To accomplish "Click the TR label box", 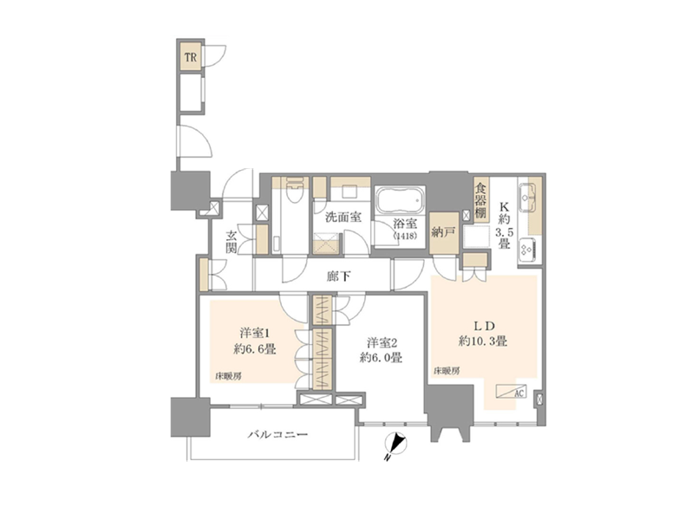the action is [191, 57].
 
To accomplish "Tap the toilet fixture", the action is [293, 190].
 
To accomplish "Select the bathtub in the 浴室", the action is [400, 200].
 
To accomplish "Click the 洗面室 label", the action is [343, 217].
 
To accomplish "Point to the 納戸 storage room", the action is [443, 233].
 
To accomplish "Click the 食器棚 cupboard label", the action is [480, 200].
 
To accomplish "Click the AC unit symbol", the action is [511, 391].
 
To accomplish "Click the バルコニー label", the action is [277, 435].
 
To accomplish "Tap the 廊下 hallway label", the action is [339, 276].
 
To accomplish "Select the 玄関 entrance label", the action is [232, 242].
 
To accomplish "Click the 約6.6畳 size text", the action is [255, 349].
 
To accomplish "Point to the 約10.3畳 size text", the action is [482, 341].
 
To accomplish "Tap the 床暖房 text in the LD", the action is [447, 371].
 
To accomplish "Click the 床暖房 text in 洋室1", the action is [228, 376].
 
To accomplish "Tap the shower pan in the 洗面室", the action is [328, 244].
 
